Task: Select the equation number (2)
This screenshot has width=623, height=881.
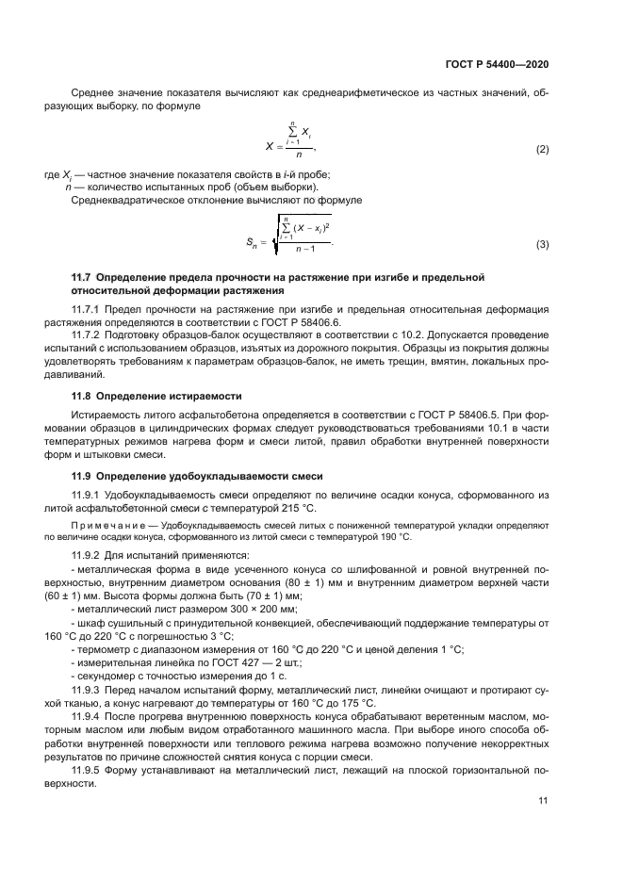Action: click(542, 150)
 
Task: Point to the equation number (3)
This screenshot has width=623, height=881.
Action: click(542, 245)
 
